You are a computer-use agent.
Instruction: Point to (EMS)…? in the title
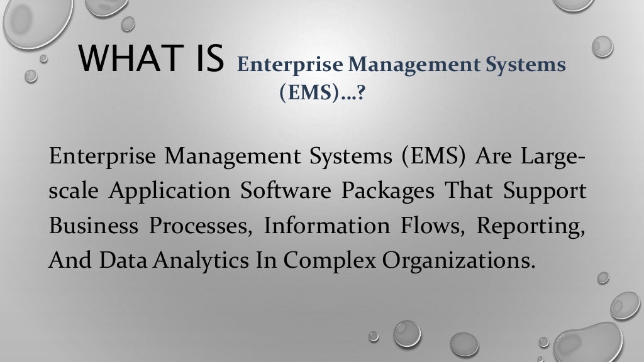coord(322,94)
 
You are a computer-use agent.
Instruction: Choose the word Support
coord(545,191)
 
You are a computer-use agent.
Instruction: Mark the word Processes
coord(201,225)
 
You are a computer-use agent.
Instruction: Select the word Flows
coord(425,225)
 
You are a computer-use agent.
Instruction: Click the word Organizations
coord(440,260)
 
